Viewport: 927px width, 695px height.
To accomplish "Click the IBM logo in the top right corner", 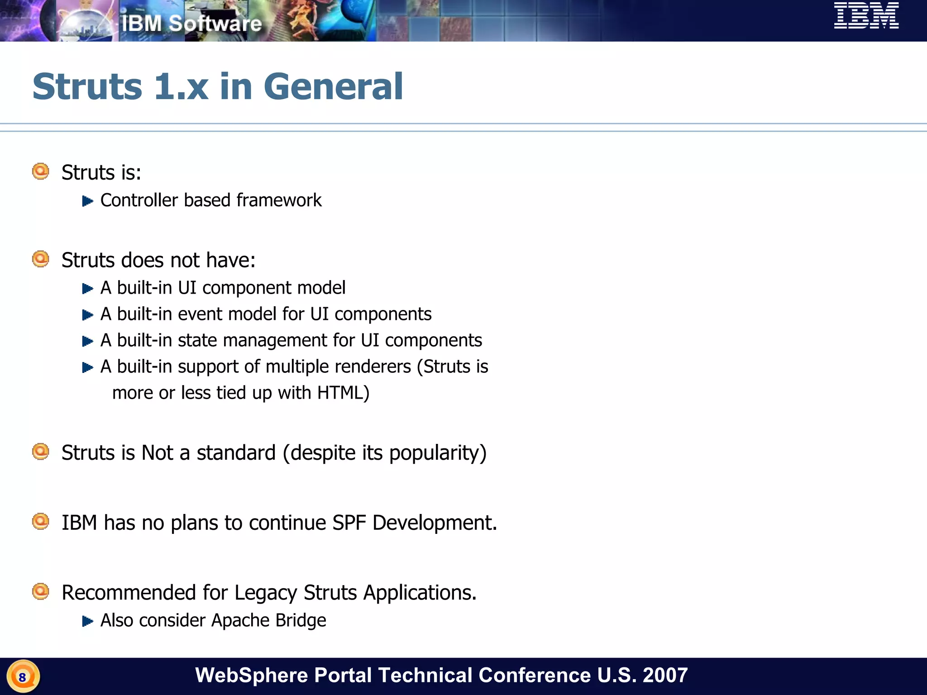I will [866, 16].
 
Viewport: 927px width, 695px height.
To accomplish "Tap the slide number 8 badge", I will [23, 677].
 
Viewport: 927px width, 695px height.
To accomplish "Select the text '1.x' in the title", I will [181, 86].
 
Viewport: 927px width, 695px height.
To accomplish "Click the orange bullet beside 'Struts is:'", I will [41, 171].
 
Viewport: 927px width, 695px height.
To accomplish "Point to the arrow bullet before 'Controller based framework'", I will [87, 201].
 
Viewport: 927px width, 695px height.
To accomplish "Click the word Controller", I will [139, 200].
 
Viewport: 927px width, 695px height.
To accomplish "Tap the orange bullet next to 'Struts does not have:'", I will [41, 259].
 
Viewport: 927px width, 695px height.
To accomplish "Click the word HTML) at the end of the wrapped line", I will [343, 393].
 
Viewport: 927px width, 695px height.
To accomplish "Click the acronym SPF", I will [349, 523].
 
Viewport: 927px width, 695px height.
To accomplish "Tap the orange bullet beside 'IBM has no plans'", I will [41, 521].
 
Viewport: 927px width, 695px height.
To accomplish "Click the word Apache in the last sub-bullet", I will [240, 620].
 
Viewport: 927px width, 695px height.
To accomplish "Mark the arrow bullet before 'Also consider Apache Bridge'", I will [87, 621].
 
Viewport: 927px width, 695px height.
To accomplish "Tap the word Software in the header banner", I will [215, 24].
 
